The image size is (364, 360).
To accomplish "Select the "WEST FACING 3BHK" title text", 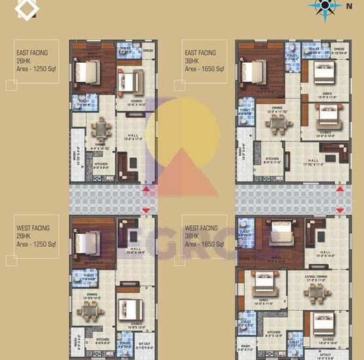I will [x=200, y=232].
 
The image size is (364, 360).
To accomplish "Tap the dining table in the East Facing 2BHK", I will [x=101, y=128].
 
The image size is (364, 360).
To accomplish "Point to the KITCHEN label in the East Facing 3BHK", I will [x=272, y=159].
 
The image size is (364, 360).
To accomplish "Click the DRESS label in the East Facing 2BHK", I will [x=148, y=50].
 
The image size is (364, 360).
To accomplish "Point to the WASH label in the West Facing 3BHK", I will [x=245, y=346].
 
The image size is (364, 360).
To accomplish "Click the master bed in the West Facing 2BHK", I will [x=86, y=242].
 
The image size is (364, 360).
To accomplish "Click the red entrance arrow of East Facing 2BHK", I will [x=145, y=189].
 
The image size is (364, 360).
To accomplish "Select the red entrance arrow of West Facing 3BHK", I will [x=340, y=209].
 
